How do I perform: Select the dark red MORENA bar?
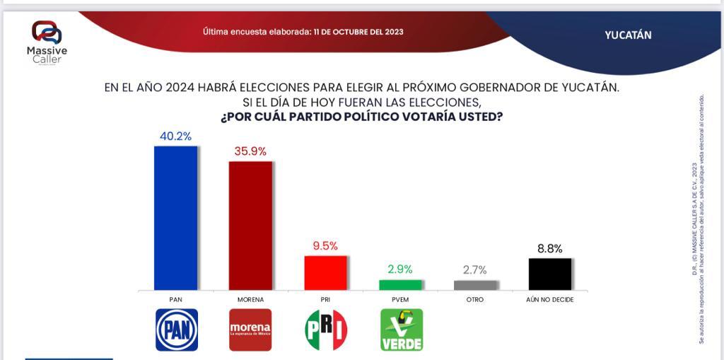point(250,226)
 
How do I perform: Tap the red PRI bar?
point(325,272)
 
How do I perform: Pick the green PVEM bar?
point(400,284)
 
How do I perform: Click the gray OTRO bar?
point(475,284)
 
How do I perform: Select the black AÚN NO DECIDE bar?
point(550,274)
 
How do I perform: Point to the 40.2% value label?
point(176,137)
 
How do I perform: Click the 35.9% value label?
point(250,151)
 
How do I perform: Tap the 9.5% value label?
point(325,246)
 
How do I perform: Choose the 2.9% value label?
point(400,269)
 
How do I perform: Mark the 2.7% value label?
point(475,270)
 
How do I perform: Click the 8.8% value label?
point(550,248)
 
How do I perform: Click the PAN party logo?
point(177,330)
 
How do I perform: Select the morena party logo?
point(250,330)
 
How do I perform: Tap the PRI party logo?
point(325,330)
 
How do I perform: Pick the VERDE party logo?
point(401,330)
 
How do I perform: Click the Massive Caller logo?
point(47,42)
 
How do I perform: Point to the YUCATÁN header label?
point(628,35)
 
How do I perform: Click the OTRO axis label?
point(475,300)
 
